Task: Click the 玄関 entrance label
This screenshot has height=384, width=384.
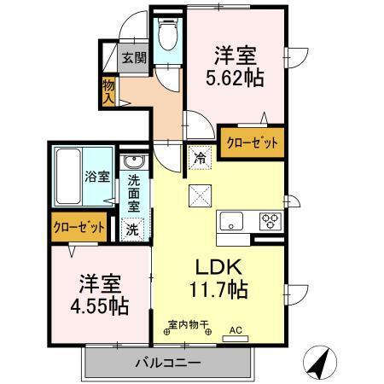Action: point(133,58)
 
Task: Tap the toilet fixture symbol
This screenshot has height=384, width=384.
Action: point(167,36)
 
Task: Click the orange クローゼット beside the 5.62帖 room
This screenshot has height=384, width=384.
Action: point(251,143)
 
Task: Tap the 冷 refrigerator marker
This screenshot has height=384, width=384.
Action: point(198,157)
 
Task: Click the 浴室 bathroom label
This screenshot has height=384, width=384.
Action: point(96,177)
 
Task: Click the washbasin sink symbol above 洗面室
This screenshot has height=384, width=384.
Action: point(135,162)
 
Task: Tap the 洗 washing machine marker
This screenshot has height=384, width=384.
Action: point(134,228)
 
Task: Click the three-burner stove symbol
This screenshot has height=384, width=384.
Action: point(271,221)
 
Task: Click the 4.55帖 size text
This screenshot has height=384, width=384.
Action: point(99,305)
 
